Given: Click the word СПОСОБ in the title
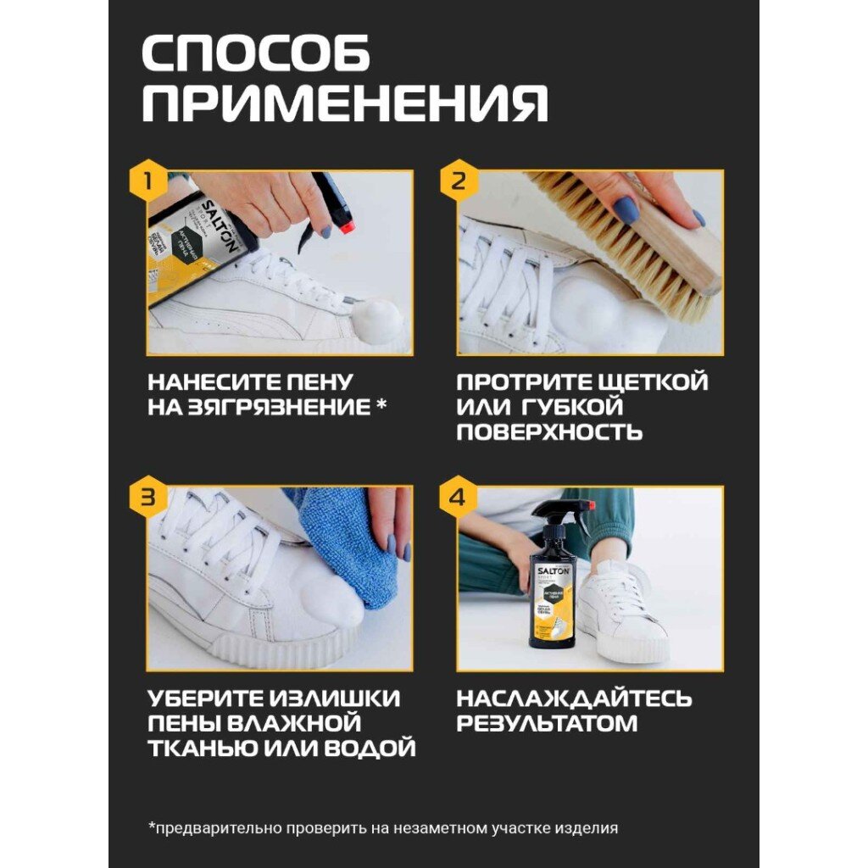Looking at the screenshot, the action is tap(256, 53).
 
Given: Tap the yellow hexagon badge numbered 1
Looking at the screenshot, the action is tap(147, 180).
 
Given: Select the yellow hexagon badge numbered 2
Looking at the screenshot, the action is tap(459, 180).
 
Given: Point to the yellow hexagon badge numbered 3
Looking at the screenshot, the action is tap(147, 497).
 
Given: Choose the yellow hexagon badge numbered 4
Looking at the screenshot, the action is tap(458, 497).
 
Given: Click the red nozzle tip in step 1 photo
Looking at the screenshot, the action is tap(347, 225).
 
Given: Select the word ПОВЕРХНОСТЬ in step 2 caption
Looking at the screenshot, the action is tap(549, 431).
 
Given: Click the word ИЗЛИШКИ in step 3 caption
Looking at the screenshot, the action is tap(335, 698).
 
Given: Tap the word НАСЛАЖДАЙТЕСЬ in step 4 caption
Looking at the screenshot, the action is tap(574, 698).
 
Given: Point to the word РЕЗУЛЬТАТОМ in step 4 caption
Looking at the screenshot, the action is tap(547, 724).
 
